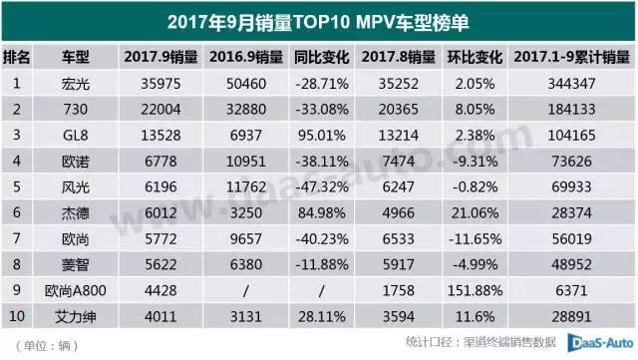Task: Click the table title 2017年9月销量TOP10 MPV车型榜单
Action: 318,19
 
